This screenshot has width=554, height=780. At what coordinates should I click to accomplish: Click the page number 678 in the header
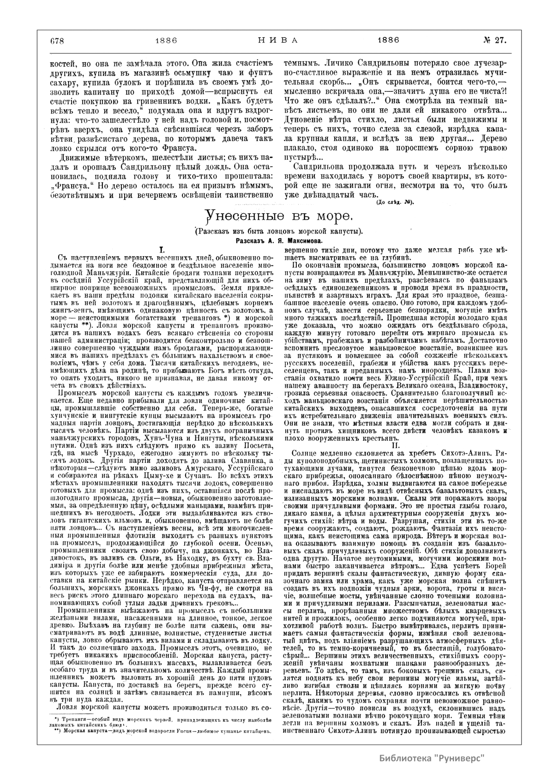tap(57, 40)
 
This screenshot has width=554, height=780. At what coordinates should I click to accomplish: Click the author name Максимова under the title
tap(301, 241)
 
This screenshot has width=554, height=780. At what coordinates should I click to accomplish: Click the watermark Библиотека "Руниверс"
tap(432, 758)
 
